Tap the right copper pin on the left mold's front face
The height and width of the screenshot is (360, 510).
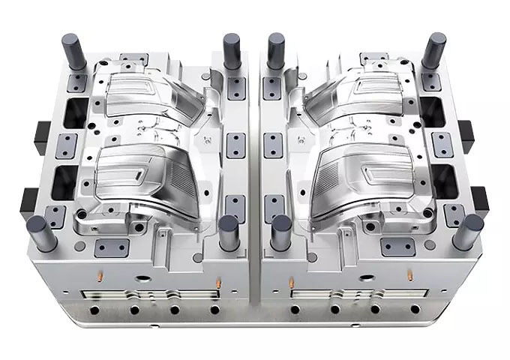pos(218,282)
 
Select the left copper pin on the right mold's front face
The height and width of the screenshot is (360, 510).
pos(292,282)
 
